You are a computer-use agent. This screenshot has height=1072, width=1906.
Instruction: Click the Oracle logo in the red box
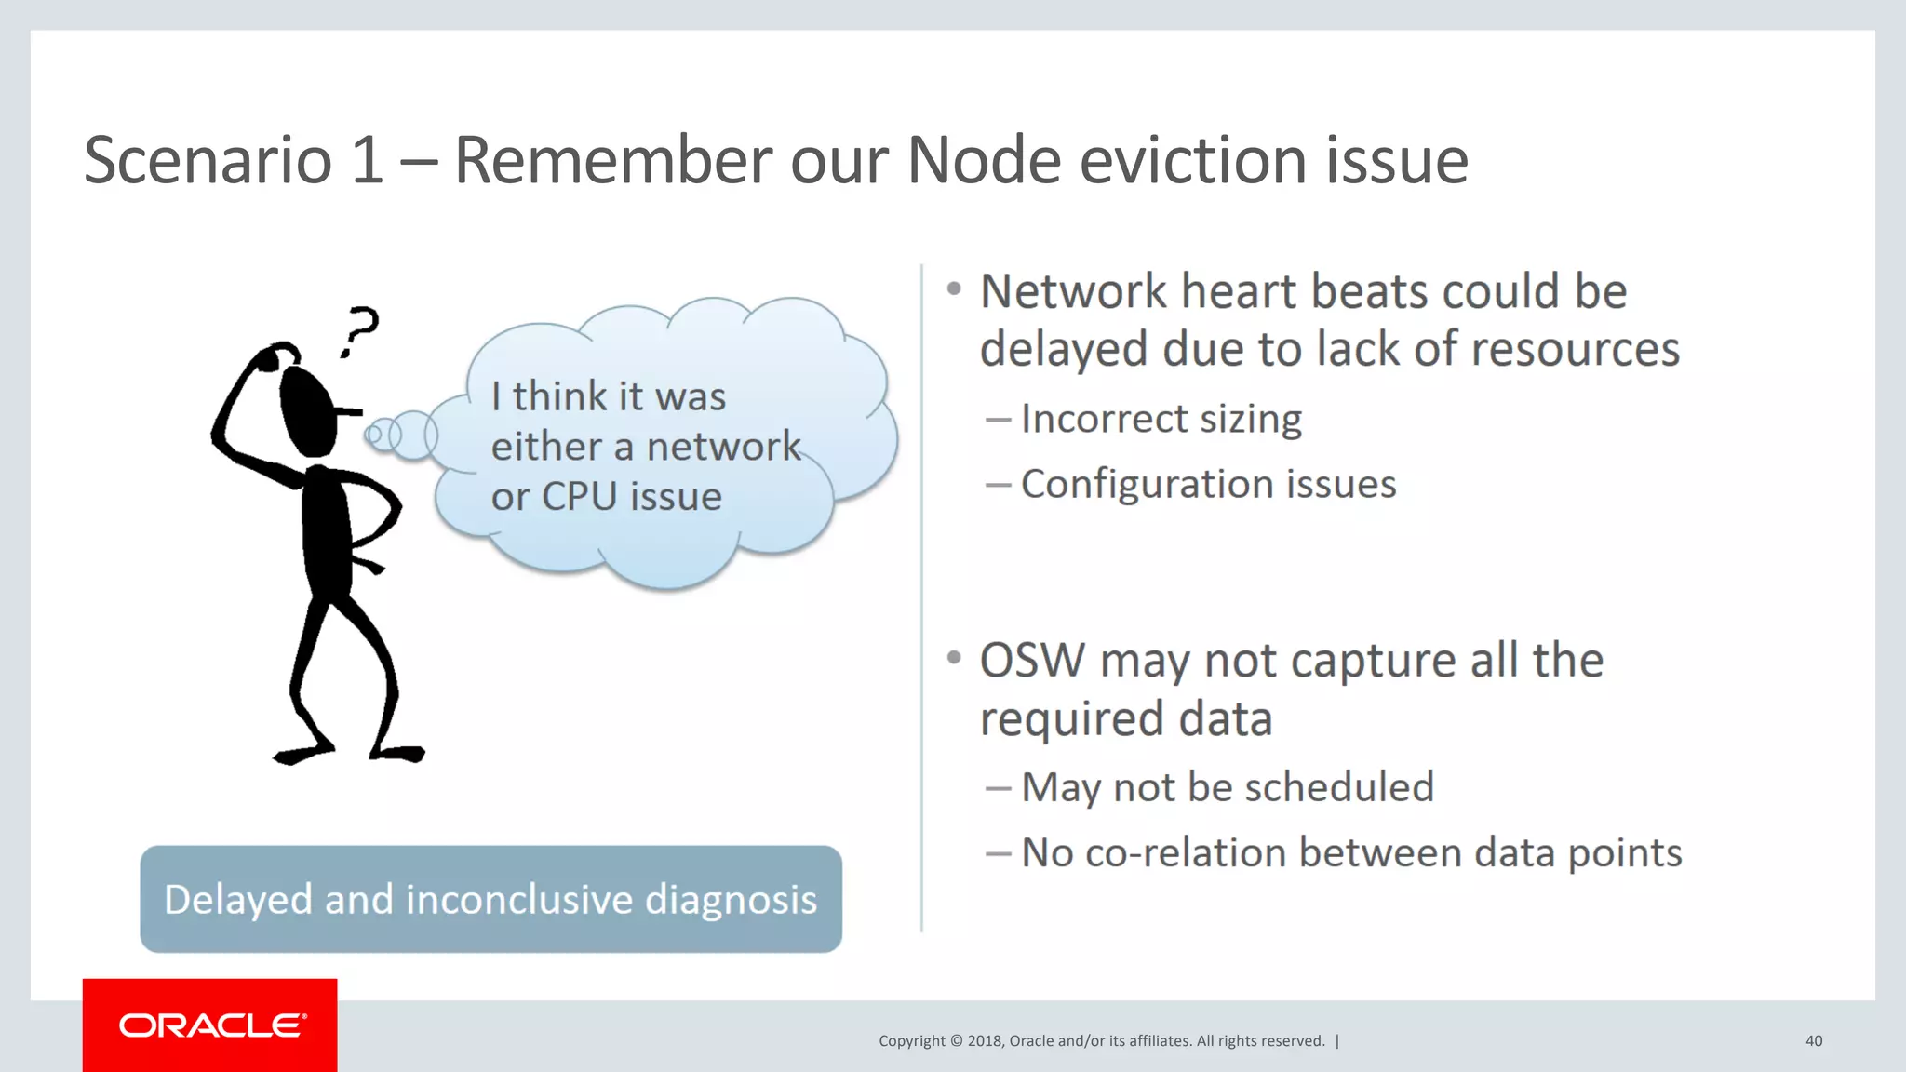point(212,1025)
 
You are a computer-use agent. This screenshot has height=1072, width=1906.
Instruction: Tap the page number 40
point(1813,1040)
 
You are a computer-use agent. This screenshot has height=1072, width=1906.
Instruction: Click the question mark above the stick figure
point(359,331)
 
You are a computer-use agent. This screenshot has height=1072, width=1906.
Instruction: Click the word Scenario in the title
point(208,160)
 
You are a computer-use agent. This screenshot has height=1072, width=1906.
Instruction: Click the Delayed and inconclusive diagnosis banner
point(490,899)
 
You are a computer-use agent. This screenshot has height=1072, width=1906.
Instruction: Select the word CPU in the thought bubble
point(580,496)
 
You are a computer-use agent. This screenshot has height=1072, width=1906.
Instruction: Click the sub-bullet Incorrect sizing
point(1161,419)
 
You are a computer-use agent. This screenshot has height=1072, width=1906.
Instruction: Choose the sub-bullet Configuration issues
point(1208,484)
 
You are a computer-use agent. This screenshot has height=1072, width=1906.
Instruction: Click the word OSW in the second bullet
point(1032,661)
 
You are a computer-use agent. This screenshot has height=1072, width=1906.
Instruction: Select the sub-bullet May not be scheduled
point(1227,787)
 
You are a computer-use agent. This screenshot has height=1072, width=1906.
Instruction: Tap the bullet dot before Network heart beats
point(954,289)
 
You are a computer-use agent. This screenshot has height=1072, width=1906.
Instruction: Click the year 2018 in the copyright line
point(985,1040)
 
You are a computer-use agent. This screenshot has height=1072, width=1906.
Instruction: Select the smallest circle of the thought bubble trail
point(374,434)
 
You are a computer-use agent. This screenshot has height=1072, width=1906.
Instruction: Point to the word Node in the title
point(984,160)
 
